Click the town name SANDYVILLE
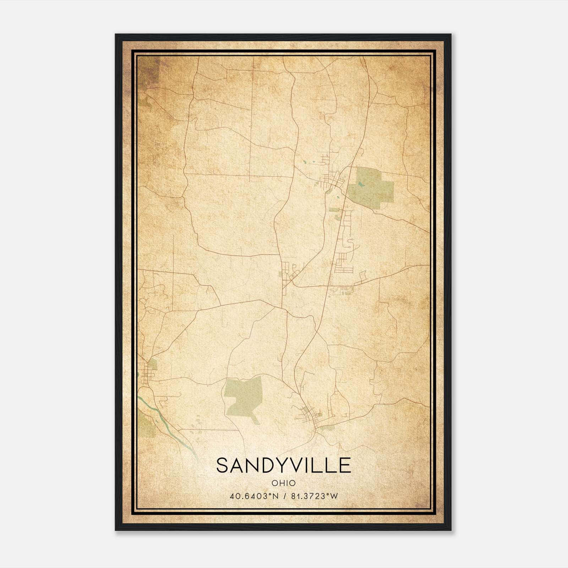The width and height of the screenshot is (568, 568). click(283, 465)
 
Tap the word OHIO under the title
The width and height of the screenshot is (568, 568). click(283, 483)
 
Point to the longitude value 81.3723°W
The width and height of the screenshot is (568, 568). click(315, 496)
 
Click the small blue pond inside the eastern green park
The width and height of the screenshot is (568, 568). click(360, 185)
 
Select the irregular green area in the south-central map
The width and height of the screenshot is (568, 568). click(245, 394)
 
